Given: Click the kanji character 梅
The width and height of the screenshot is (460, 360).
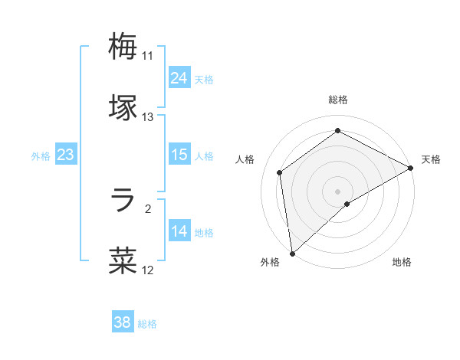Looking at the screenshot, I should (123, 46).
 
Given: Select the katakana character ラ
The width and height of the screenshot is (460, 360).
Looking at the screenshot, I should (123, 201).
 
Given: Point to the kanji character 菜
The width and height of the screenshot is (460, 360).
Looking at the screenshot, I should (123, 260).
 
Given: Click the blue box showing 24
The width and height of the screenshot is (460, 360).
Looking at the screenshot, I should (179, 78).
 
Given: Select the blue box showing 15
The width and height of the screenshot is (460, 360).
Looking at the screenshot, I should (179, 155).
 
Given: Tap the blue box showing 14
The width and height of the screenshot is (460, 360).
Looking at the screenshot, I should (179, 231).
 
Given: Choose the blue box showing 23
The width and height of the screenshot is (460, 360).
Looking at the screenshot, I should (66, 155).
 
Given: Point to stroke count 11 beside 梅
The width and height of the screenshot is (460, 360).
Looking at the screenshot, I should (148, 56).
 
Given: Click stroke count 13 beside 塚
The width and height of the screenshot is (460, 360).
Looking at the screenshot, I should (148, 117).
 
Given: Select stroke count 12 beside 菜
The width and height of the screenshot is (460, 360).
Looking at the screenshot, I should (148, 270).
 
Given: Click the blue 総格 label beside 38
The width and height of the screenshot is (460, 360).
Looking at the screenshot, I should (147, 324).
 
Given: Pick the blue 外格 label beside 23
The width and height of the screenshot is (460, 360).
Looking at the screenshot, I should (41, 156).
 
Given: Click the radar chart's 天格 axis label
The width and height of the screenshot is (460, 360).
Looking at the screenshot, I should (431, 159).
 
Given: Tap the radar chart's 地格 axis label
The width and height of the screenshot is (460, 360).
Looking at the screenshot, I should (402, 263).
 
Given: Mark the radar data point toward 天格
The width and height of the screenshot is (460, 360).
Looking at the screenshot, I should (411, 168).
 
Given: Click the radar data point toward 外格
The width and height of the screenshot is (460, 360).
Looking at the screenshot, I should (292, 253).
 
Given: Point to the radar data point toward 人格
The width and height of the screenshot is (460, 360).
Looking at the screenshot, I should (280, 172).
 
